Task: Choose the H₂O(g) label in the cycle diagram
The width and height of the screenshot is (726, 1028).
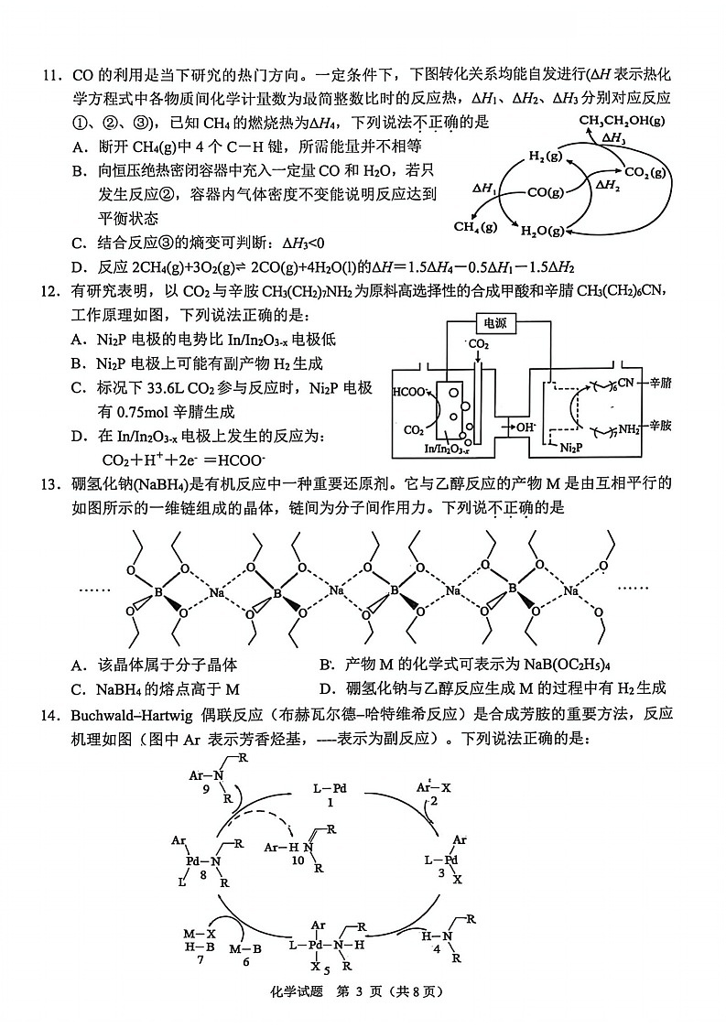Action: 543,232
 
